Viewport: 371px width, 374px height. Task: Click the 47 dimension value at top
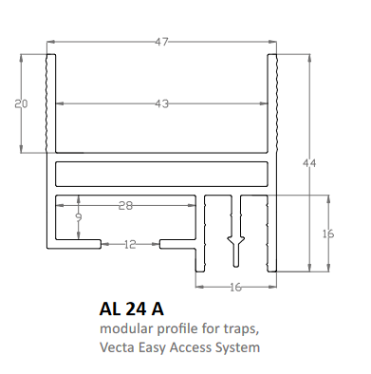pos(161,42)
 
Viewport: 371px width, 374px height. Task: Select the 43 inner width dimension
pos(161,103)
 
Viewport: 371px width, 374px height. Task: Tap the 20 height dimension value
pos(21,103)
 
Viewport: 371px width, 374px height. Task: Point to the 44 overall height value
pos(309,163)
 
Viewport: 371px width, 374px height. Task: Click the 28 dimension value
pos(125,206)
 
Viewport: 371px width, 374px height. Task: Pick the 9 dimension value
pos(79,217)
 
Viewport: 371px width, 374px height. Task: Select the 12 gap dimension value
pos(130,244)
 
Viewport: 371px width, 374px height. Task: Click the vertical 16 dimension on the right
pos(328,234)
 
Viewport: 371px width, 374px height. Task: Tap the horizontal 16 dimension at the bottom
pos(235,288)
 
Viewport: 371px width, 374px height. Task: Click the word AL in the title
pos(110,309)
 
